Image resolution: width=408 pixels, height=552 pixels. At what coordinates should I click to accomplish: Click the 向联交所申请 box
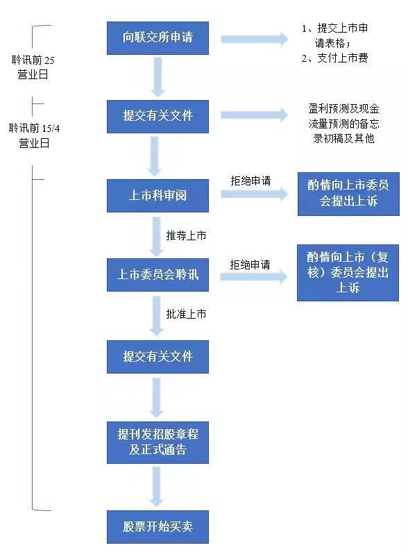click(158, 38)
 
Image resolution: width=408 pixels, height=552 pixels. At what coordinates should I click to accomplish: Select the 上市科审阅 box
click(158, 195)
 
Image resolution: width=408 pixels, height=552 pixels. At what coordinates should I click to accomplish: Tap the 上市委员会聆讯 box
click(158, 274)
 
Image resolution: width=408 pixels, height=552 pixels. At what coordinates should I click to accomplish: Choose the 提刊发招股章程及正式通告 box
click(158, 442)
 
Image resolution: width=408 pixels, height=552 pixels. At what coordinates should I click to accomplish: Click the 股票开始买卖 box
click(158, 526)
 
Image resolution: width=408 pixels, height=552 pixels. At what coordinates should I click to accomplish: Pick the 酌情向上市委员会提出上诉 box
click(348, 194)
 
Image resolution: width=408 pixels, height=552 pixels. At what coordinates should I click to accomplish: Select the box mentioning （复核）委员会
click(348, 273)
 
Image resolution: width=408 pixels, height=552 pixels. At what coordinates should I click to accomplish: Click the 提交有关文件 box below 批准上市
click(158, 357)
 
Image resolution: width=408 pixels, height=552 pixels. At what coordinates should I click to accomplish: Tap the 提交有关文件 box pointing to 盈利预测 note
click(158, 117)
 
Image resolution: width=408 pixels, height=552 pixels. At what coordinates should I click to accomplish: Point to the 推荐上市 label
click(186, 235)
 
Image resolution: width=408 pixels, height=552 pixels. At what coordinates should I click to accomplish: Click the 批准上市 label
click(186, 314)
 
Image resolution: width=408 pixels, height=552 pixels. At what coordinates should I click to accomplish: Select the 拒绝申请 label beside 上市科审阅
click(250, 181)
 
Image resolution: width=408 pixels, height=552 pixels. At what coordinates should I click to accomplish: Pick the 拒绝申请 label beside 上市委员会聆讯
click(250, 265)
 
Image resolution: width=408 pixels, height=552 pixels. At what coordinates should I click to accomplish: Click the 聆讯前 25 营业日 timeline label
click(33, 67)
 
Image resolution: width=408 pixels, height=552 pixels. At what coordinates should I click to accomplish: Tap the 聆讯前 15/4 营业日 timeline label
click(34, 135)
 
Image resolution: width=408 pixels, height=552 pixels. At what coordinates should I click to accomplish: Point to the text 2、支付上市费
click(334, 58)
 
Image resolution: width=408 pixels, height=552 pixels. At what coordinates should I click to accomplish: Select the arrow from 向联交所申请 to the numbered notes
click(255, 39)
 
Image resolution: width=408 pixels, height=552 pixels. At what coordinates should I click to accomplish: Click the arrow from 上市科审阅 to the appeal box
click(255, 194)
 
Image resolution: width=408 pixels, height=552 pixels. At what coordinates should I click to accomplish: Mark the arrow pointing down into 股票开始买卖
click(157, 487)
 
